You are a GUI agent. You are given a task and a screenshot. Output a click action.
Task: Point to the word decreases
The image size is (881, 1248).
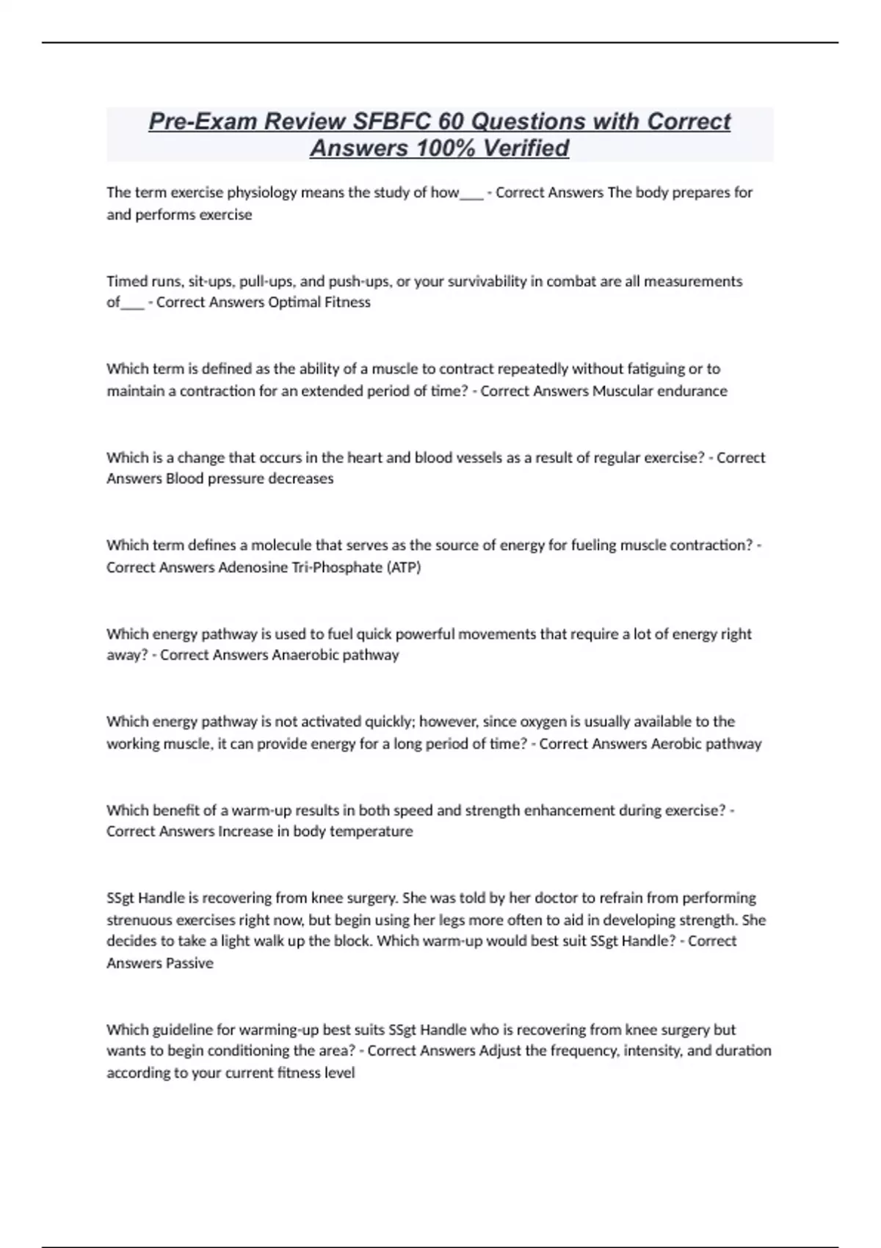coord(298,479)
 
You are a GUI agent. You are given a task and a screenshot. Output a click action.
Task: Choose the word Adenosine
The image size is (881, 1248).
coord(253,567)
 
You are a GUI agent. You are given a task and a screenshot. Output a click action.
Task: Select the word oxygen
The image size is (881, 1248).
coord(531,722)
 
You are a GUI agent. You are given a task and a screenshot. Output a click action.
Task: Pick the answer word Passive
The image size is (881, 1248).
coord(189,963)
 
